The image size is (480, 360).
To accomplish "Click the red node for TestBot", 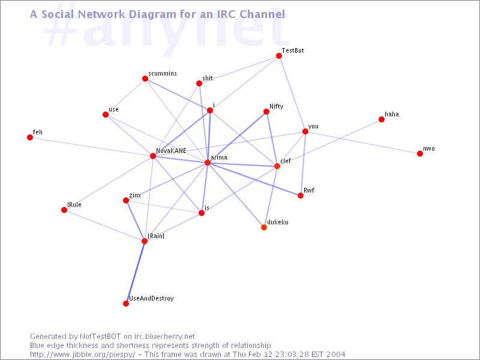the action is pyautogui.click(x=279, y=56).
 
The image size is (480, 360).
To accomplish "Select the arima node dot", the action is pyautogui.click(x=208, y=163).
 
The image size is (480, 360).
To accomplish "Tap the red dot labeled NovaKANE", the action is pyautogui.click(x=153, y=156).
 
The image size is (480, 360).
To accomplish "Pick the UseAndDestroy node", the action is pyautogui.click(x=126, y=304).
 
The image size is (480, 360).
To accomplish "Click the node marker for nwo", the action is pyautogui.click(x=420, y=154).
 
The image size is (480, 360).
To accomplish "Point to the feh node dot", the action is pyautogui.click(x=30, y=137).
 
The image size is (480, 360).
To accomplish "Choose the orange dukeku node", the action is pyautogui.click(x=264, y=227).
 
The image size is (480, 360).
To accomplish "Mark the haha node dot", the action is pyautogui.click(x=382, y=119).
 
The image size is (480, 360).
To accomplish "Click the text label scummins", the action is pyautogui.click(x=163, y=73).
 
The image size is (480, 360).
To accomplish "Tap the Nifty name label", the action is pyautogui.click(x=277, y=107).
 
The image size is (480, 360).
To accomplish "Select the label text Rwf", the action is pyautogui.click(x=309, y=190).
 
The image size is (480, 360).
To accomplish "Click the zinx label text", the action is pyautogui.click(x=135, y=196).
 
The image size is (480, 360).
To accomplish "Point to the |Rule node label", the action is pyautogui.click(x=74, y=205).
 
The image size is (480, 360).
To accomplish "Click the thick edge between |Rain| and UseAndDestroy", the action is pyautogui.click(x=136, y=272).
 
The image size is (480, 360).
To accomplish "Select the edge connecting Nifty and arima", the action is pyautogui.click(x=237, y=137).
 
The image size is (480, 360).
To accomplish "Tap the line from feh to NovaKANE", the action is pyautogui.click(x=92, y=147).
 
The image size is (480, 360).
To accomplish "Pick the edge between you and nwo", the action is pyautogui.click(x=363, y=142).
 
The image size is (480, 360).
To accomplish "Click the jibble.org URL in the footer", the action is pyautogui.click(x=82, y=355).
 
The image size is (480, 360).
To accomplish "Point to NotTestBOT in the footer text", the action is pyautogui.click(x=100, y=337).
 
